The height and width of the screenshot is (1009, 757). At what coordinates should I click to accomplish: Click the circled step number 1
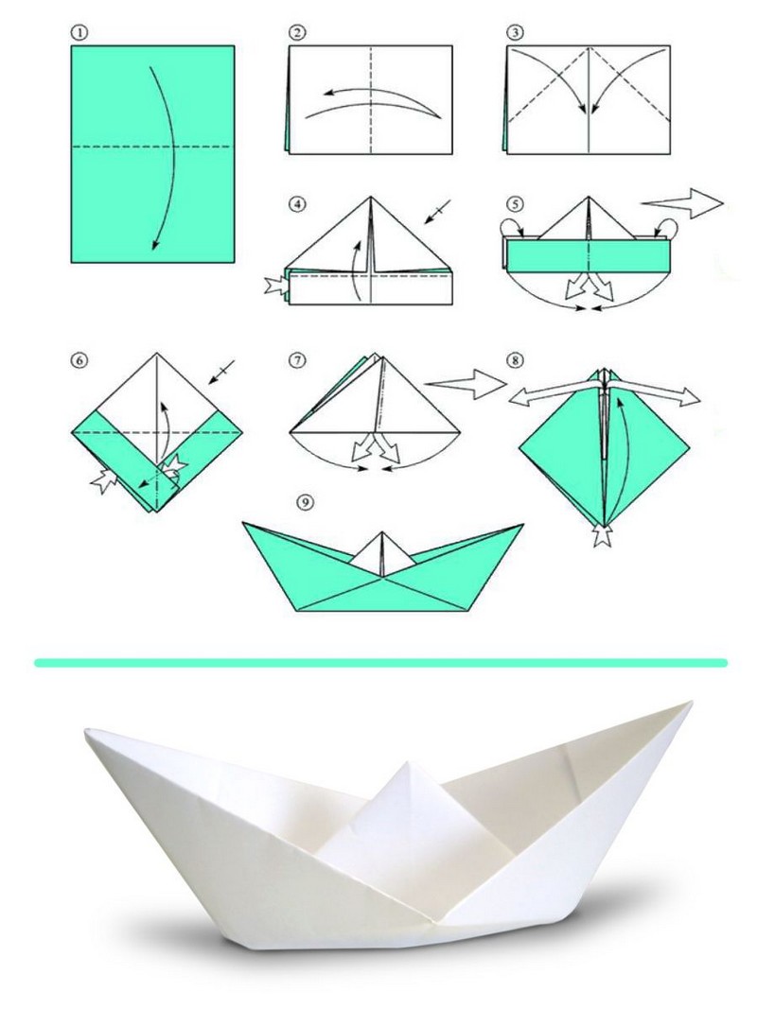79,33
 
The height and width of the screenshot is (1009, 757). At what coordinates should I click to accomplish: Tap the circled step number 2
297,33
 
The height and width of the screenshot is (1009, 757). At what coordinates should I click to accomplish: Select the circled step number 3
515,33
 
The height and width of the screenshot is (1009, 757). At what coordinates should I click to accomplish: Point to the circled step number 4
297,204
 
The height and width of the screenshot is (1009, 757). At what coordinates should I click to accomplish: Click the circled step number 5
515,204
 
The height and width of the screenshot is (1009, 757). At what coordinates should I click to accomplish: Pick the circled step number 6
79,359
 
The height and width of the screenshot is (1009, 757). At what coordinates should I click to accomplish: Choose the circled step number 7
297,359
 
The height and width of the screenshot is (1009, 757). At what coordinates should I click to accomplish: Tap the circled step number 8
515,359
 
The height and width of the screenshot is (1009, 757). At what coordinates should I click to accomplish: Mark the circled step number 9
307,500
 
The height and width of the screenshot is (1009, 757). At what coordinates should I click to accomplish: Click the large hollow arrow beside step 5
683,203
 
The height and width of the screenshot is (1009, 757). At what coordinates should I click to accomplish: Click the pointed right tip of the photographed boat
690,704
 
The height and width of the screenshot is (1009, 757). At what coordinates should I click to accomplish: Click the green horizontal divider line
380,663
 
